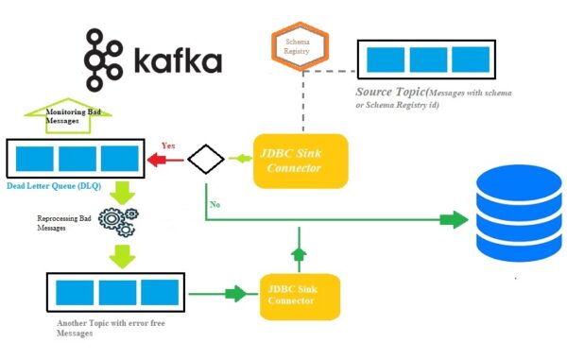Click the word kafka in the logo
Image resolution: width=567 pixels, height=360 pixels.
pyautogui.click(x=178, y=62)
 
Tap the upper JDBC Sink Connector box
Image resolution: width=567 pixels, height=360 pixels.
pyautogui.click(x=301, y=159)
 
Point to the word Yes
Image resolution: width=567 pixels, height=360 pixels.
pyautogui.click(x=168, y=146)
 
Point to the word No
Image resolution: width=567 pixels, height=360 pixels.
pyautogui.click(x=216, y=202)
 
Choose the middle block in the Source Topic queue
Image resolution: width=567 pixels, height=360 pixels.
pyautogui.click(x=428, y=59)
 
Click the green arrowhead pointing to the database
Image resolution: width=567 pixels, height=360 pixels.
pyautogui.click(x=451, y=221)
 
